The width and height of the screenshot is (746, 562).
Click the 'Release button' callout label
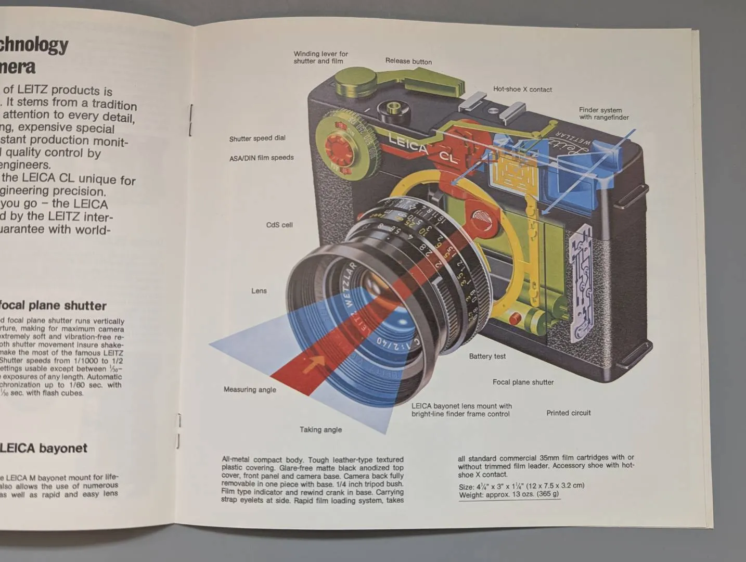tap(408, 61)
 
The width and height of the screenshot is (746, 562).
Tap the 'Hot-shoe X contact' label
tap(522, 90)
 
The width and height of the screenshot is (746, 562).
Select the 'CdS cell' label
tap(279, 225)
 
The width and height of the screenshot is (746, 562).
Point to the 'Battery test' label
tap(487, 356)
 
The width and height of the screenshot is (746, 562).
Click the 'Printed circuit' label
tap(568, 413)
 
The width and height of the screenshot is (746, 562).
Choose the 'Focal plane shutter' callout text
tap(523, 382)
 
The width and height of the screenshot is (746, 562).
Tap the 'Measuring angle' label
tap(250, 389)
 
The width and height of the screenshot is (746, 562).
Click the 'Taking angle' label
tap(320, 430)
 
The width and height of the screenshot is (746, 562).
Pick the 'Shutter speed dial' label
tap(257, 138)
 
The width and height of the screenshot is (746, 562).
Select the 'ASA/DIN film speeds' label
tap(261, 158)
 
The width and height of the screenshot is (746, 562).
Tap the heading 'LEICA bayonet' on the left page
tap(44, 448)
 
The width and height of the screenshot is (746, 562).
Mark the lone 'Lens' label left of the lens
tap(259, 291)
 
